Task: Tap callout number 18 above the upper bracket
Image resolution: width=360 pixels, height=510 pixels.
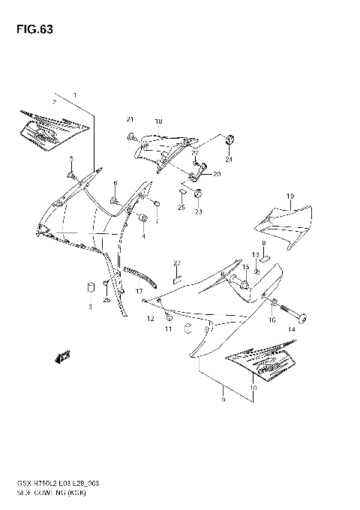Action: pos(158,121)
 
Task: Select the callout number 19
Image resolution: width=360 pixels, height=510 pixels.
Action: pos(289,196)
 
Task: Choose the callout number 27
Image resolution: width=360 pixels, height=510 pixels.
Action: pos(178,262)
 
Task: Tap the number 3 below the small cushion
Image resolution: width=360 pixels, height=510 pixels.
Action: pos(89,307)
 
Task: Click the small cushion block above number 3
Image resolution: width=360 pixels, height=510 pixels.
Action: pos(89,287)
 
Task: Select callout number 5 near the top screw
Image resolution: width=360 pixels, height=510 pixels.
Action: pos(71,158)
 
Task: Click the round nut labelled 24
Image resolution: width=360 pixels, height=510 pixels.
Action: pos(229,140)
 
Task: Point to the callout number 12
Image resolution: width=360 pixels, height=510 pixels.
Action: pos(149,319)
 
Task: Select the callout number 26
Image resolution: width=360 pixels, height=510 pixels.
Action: pos(106,300)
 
